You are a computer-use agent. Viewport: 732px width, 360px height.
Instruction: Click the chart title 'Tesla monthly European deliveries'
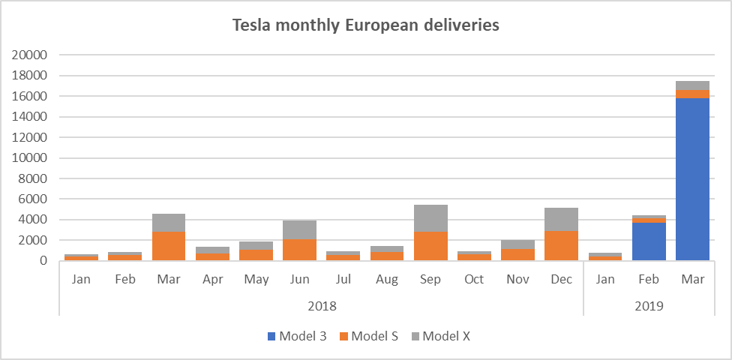(x=366, y=25)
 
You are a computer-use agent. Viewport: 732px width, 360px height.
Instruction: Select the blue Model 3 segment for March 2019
(x=692, y=179)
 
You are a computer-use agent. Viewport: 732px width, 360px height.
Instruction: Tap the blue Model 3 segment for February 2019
(x=649, y=241)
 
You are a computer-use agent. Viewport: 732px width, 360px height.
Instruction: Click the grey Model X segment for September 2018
(x=430, y=218)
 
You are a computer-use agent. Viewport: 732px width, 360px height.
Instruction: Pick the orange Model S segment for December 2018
(x=562, y=245)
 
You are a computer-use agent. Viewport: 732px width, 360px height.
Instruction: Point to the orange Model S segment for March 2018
(x=169, y=246)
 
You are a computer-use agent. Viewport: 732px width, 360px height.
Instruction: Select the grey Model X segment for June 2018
(x=300, y=229)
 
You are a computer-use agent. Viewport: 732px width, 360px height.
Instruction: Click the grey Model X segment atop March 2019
(x=692, y=85)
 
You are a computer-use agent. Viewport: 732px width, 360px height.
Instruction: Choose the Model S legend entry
(x=369, y=336)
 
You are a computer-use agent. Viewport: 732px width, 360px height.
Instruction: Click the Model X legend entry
(x=440, y=336)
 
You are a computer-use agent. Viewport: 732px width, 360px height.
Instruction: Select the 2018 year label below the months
(x=322, y=306)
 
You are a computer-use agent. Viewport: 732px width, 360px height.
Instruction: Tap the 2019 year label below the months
(x=649, y=306)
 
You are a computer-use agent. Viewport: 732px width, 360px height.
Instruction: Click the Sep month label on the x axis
(x=430, y=280)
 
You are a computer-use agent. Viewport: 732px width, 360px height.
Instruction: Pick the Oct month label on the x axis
(x=474, y=280)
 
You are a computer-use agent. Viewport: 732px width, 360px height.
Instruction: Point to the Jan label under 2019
(x=605, y=280)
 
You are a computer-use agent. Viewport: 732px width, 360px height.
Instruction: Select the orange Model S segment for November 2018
(x=517, y=254)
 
